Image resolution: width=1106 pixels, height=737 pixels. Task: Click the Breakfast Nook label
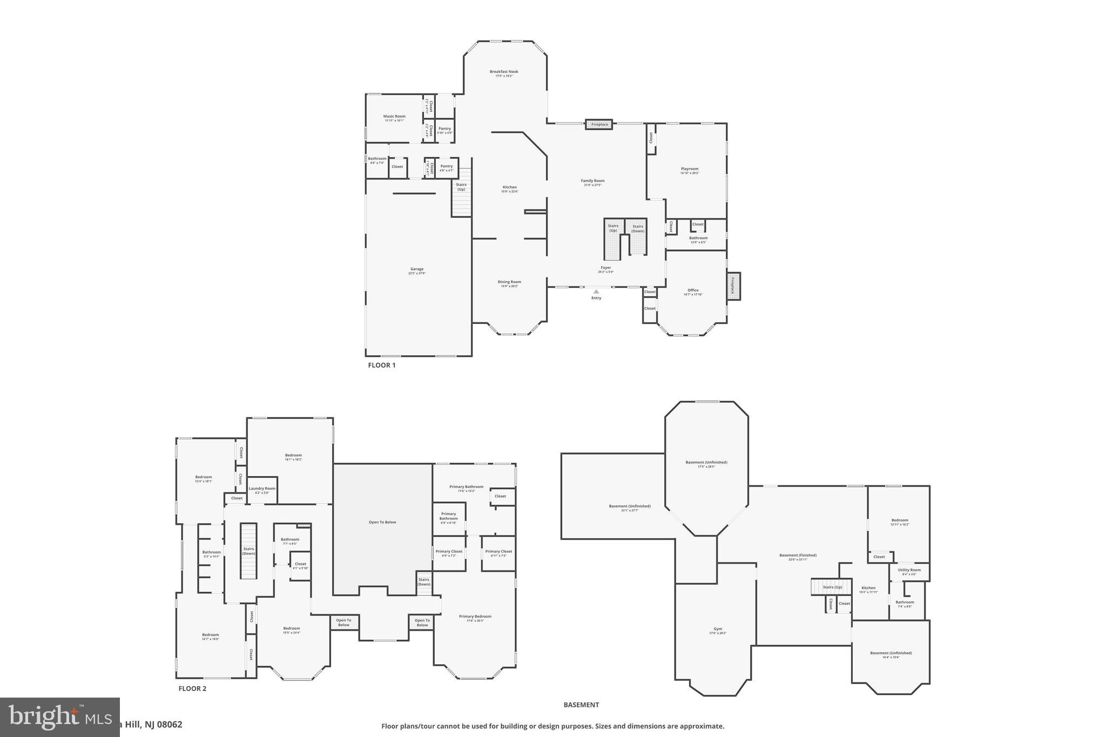504,72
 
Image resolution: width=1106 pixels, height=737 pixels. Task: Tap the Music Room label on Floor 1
394,117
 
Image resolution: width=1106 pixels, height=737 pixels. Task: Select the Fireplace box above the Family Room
599,125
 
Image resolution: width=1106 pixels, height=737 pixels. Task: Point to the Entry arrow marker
596,292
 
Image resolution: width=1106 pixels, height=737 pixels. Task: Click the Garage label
416,269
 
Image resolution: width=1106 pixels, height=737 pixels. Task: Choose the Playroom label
689,169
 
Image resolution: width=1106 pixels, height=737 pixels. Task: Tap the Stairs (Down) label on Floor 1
638,228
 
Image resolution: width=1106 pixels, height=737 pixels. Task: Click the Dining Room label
509,282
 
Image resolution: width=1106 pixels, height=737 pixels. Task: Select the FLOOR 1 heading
382,366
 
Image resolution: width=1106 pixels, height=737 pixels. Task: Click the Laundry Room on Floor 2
262,489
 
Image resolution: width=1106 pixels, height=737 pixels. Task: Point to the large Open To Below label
382,522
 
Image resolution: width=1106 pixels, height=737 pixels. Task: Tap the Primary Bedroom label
475,617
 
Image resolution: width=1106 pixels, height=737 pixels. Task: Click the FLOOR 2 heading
192,689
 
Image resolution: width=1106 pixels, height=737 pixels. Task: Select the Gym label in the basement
718,629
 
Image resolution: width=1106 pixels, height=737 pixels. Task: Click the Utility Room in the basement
909,570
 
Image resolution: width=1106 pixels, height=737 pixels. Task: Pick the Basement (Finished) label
798,556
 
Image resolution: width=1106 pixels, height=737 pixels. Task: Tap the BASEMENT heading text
581,705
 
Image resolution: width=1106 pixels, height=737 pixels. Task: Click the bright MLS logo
59,717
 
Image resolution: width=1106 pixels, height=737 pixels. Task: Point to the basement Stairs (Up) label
832,587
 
